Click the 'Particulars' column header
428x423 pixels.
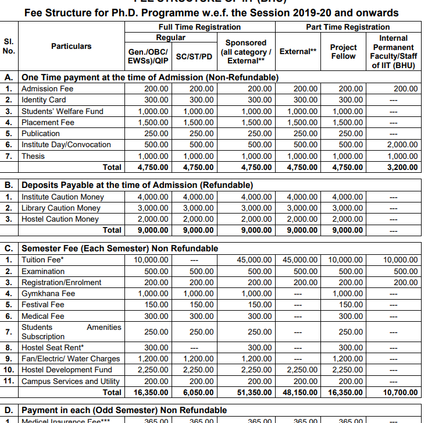click(x=71, y=46)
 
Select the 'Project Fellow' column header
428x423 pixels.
click(x=343, y=51)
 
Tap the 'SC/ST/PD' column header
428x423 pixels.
click(x=194, y=56)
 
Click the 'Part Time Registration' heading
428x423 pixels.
click(x=348, y=27)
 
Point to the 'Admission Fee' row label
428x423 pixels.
click(x=48, y=89)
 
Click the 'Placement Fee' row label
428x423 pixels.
click(x=48, y=123)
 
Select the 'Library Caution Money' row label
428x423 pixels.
click(x=60, y=208)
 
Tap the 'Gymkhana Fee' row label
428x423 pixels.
click(x=48, y=294)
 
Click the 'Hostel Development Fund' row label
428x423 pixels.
click(x=66, y=370)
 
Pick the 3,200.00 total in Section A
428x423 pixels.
click(x=401, y=168)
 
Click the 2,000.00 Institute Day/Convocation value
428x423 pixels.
click(x=401, y=145)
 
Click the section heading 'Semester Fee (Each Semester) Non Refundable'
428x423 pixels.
click(x=120, y=248)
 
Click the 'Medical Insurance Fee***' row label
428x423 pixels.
click(x=65, y=420)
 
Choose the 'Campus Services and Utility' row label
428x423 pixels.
click(x=70, y=382)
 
